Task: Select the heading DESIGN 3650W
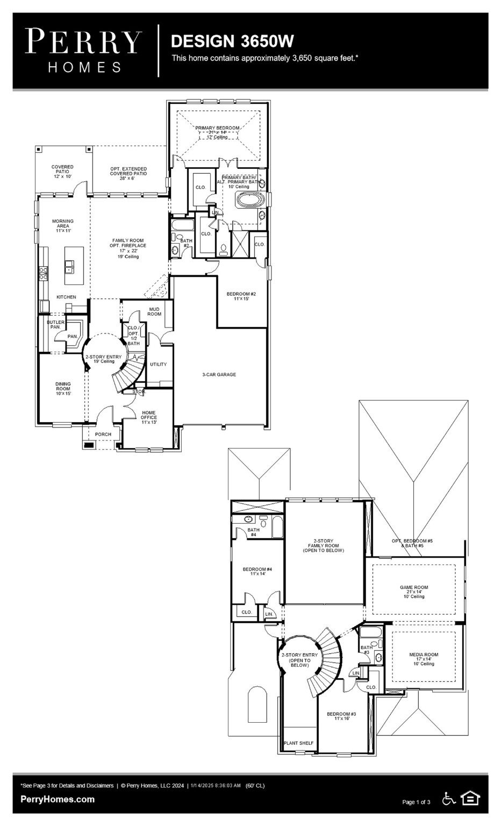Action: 232,41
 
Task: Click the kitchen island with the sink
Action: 74,265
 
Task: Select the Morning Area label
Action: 63,225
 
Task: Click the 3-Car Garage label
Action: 219,374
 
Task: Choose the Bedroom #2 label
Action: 241,296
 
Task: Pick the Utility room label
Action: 159,364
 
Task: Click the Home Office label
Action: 149,417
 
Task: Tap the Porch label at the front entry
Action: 103,434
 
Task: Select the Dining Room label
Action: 63,388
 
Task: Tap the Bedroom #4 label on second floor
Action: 257,571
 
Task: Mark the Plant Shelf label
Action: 299,743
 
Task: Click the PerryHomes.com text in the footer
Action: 58,799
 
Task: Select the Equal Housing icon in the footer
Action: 470,799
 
